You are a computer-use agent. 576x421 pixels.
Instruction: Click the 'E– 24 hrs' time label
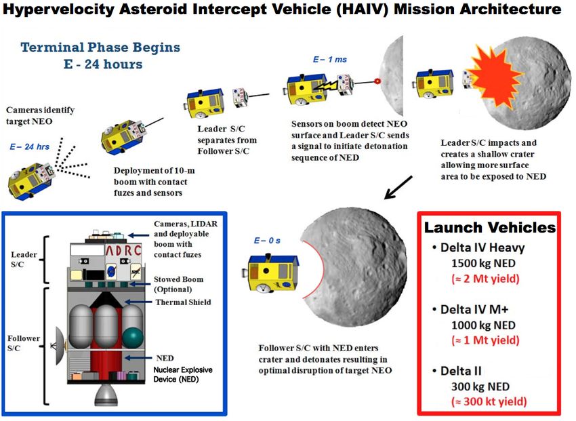29,146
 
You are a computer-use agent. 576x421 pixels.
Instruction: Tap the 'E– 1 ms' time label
329,60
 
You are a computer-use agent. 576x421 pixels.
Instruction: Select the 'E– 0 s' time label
267,241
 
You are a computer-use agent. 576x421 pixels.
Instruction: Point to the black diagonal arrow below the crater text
398,187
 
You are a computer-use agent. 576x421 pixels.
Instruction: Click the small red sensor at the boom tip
377,81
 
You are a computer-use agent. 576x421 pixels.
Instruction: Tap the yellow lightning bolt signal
325,87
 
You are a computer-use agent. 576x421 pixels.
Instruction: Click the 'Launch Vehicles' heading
490,227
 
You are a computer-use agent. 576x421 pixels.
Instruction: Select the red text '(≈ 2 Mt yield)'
485,279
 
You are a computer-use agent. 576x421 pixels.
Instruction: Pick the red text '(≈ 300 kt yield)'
489,401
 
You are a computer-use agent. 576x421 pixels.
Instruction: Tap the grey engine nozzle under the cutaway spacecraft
106,395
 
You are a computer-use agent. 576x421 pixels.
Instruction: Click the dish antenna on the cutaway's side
60,345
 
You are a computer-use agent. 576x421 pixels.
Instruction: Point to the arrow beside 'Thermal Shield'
138,302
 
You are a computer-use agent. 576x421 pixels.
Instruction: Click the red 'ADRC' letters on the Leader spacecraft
123,251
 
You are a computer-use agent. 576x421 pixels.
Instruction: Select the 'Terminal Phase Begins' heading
100,47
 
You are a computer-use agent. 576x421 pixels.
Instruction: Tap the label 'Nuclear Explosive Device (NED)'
183,374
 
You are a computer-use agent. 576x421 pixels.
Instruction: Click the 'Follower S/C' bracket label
24,343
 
